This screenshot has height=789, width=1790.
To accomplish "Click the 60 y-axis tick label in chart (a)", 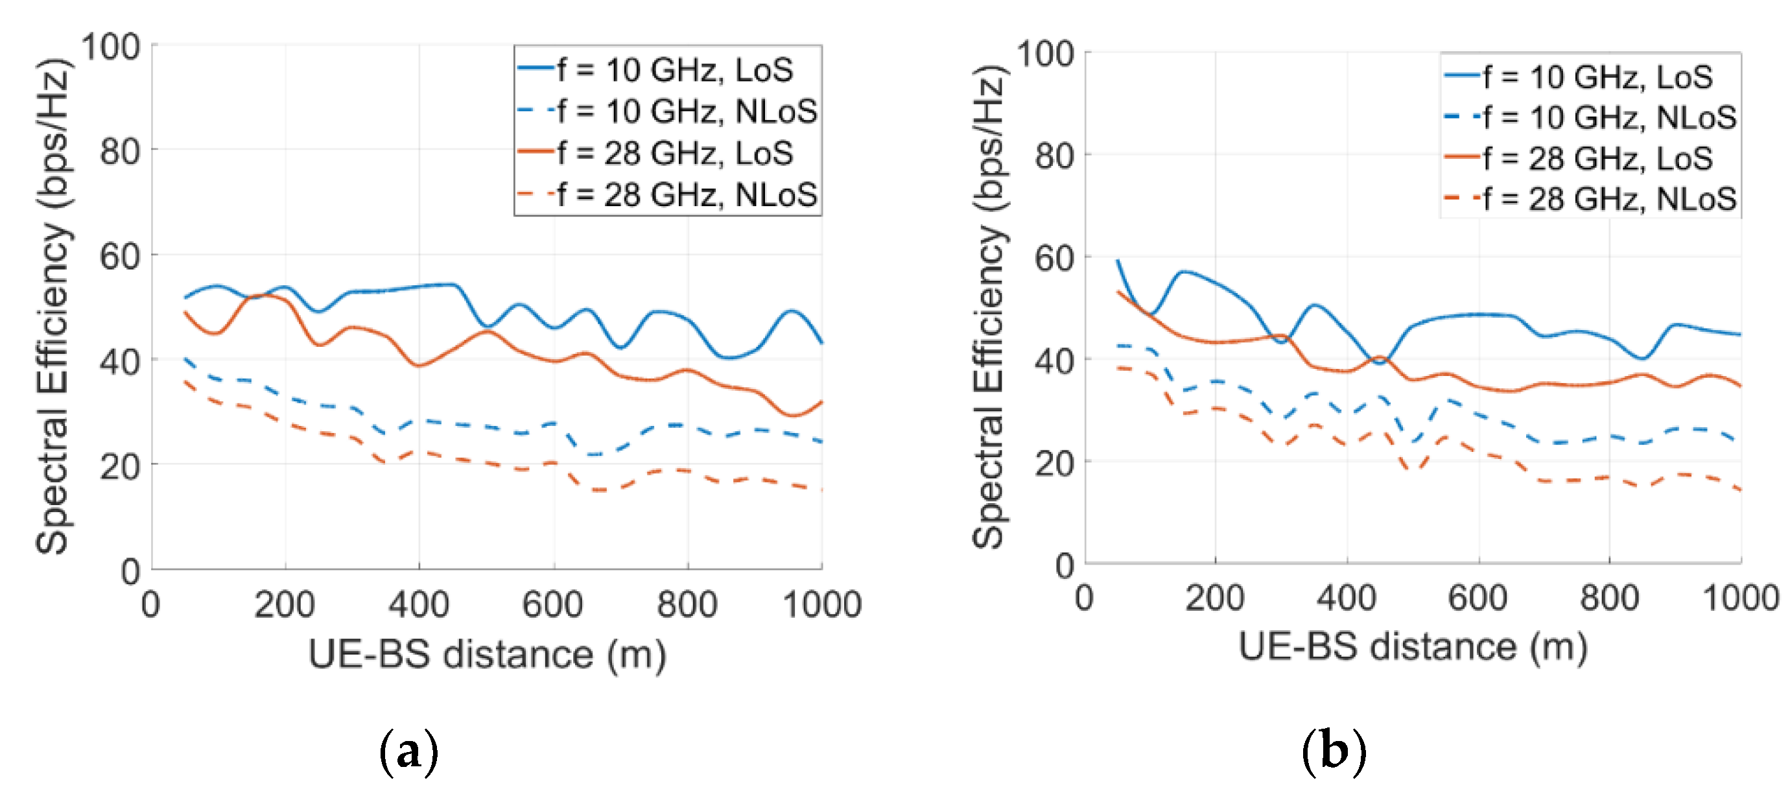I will [119, 257].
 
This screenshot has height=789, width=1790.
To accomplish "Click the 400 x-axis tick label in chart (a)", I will [418, 605].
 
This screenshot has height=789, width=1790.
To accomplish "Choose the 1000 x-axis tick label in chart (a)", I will [822, 605].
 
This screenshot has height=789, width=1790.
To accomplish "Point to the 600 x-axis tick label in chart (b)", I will [1478, 598].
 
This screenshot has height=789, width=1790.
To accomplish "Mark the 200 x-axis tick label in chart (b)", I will [1215, 598].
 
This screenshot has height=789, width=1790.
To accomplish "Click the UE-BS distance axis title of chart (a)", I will [486, 655].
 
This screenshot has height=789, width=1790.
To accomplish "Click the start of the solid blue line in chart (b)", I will [1117, 261].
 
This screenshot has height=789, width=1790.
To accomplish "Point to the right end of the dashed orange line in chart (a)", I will [821, 490].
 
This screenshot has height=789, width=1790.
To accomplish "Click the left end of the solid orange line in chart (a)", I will [185, 312].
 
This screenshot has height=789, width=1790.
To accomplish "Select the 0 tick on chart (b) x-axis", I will [1085, 598].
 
